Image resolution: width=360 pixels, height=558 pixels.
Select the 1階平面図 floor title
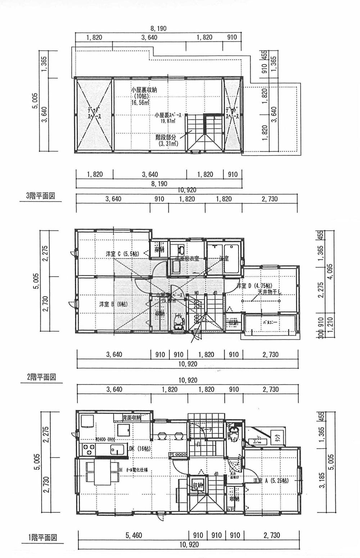click(42, 538)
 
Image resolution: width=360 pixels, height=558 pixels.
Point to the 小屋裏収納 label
click(144, 90)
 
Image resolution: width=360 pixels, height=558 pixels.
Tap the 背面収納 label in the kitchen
click(131, 418)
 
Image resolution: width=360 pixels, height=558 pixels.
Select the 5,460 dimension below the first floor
click(133, 535)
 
